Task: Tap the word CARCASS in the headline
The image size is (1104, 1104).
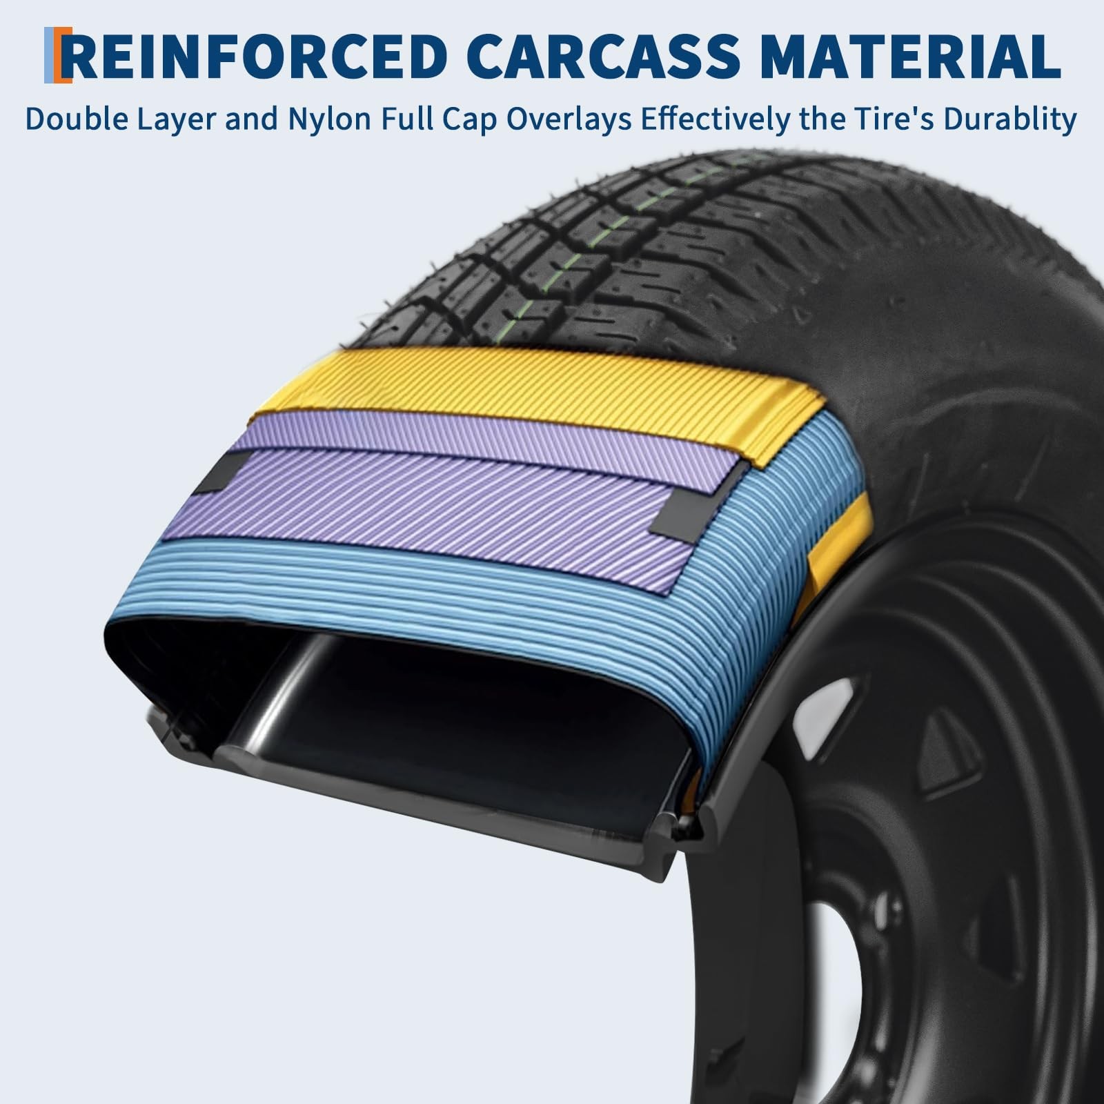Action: tap(608, 55)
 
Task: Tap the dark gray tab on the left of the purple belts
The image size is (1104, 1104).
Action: tap(219, 474)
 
